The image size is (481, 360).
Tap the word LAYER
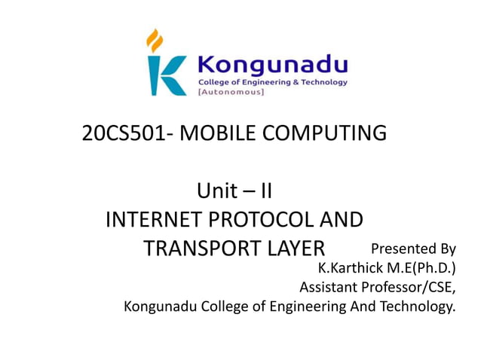(x=294, y=248)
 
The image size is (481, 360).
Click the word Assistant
(x=332, y=287)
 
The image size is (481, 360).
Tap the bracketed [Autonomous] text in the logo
(x=231, y=92)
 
